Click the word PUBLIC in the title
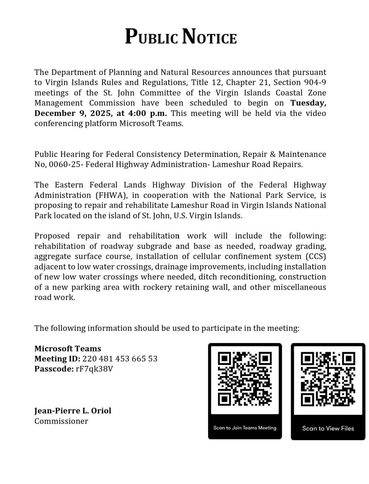[x=151, y=37]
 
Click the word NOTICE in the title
[x=209, y=37]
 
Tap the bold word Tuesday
[x=308, y=103]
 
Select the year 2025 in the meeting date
[x=100, y=113]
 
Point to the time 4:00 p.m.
[x=147, y=113]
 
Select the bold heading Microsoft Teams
[x=68, y=349]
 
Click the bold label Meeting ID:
[x=57, y=359]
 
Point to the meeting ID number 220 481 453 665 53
[x=120, y=359]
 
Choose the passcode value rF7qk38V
[x=94, y=369]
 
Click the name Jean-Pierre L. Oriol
[x=73, y=411]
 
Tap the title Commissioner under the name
[x=61, y=421]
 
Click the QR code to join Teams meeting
[x=245, y=379]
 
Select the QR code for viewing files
[x=328, y=379]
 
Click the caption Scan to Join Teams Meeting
[x=245, y=428]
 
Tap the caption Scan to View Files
[x=328, y=429]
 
